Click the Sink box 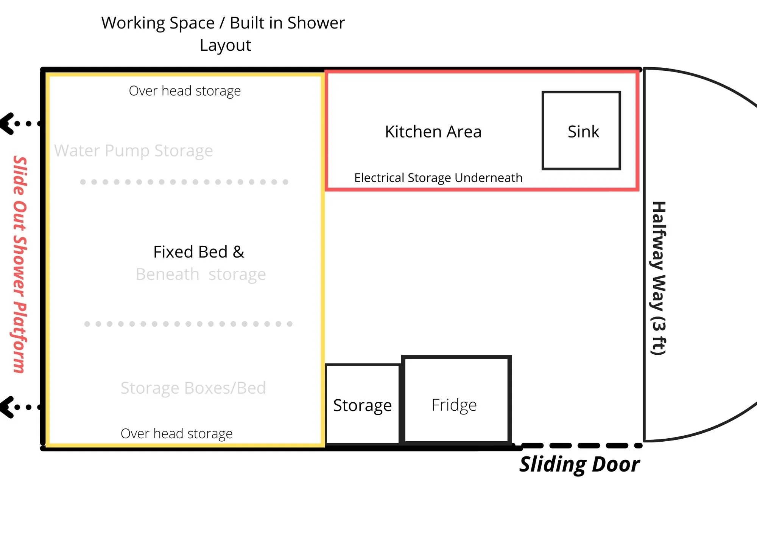(x=581, y=130)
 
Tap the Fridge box (x=456, y=400)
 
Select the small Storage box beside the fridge (x=362, y=405)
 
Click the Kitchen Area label (x=433, y=132)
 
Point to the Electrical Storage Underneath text (x=438, y=178)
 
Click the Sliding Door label (x=579, y=464)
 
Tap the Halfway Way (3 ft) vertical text (x=659, y=278)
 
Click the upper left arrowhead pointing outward (x=8, y=124)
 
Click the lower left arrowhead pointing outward (x=8, y=407)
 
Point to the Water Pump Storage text (x=133, y=151)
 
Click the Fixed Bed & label (x=199, y=252)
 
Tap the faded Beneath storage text (x=201, y=274)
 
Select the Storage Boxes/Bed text (x=193, y=388)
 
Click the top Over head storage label (x=185, y=91)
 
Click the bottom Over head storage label (x=176, y=433)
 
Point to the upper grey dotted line (x=184, y=182)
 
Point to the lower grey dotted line (x=188, y=324)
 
